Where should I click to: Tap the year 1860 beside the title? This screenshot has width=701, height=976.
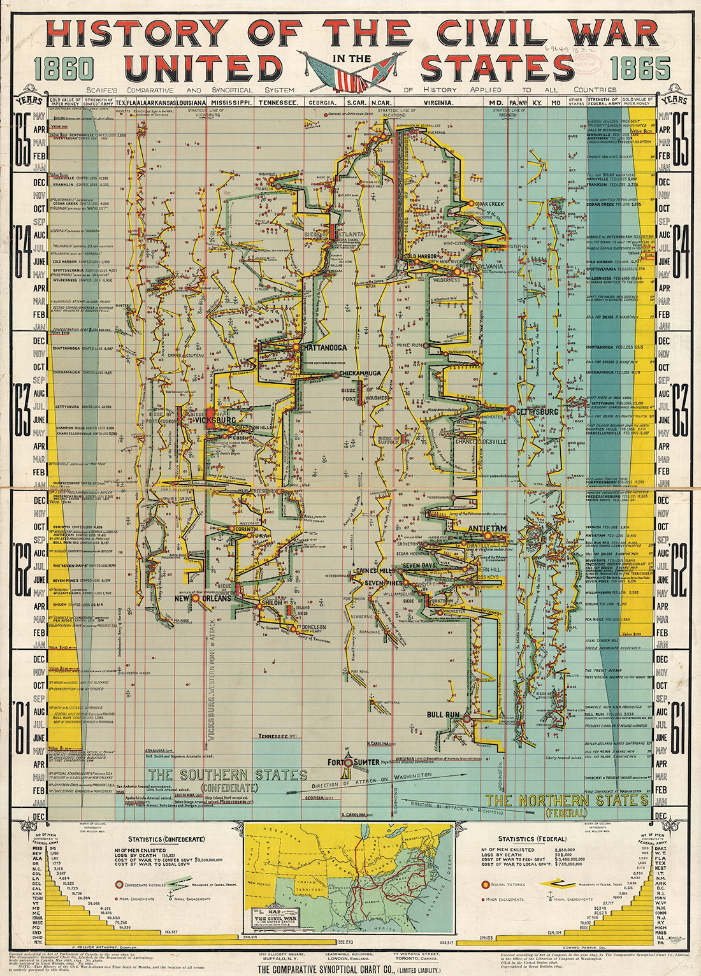64,69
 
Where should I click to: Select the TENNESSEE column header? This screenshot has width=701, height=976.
278,103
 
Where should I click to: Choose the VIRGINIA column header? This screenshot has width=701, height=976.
438,103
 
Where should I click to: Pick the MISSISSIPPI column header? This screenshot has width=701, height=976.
232,103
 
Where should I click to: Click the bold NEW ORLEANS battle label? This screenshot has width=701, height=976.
203,599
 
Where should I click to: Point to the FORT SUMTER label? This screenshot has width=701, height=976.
353,763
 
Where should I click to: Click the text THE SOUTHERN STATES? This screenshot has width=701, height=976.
228,775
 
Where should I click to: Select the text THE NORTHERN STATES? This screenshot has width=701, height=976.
567,800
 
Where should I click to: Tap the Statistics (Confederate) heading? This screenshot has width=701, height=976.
166,839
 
